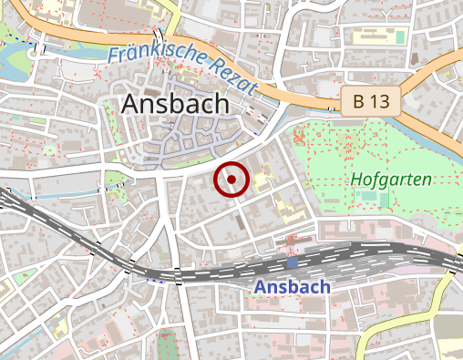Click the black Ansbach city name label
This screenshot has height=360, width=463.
tap(174, 104)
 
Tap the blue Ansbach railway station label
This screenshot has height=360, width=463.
tap(292, 286)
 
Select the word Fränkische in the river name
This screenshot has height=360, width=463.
tap(152, 52)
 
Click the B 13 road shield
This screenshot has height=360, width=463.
tap(372, 101)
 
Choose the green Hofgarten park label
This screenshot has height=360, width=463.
tap(391, 180)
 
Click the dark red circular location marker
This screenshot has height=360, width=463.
tap(231, 180)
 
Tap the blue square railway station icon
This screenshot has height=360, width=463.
tap(292, 262)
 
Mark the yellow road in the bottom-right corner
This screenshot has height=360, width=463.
tap(447, 292)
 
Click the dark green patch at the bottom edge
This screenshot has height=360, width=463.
tap(165, 346)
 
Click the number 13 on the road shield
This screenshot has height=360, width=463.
tap(382, 101)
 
